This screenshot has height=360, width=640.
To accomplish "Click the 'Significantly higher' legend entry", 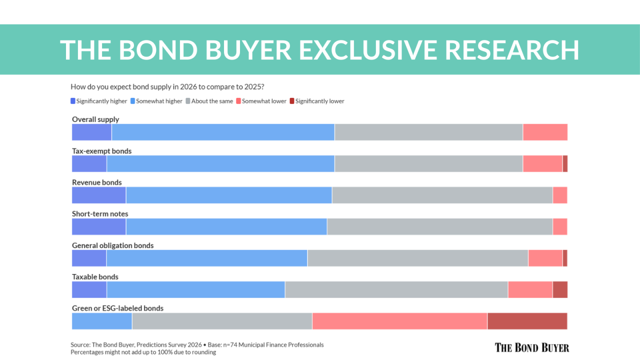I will (x=99, y=101).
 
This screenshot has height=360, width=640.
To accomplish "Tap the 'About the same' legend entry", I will (x=209, y=101).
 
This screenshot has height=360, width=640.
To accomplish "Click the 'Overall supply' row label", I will (x=95, y=119).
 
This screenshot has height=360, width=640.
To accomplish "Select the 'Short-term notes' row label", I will (x=100, y=214).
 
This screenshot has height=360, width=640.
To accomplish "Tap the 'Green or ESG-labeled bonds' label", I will (x=117, y=308).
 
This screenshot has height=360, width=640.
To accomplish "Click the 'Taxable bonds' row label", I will (x=95, y=277).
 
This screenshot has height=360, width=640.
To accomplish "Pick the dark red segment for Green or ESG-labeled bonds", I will (x=527, y=321).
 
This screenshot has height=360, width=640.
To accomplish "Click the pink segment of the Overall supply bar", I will (x=545, y=132).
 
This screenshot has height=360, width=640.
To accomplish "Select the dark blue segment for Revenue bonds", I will (x=99, y=195).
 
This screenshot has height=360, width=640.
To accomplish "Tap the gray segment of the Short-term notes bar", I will (x=439, y=226).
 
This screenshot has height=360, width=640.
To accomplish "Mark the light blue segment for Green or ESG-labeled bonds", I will (x=102, y=321).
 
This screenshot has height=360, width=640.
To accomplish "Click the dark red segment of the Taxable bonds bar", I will (x=560, y=289).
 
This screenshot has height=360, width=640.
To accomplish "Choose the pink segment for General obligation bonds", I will (x=545, y=258).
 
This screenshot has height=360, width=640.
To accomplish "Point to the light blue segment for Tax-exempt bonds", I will (x=220, y=163).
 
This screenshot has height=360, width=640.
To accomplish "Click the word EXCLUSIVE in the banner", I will (x=367, y=49).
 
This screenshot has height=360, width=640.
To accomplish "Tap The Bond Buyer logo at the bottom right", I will (x=531, y=347).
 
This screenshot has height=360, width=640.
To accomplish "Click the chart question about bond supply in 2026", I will (x=167, y=86).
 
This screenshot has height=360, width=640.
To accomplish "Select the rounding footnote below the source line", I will (x=143, y=352).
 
